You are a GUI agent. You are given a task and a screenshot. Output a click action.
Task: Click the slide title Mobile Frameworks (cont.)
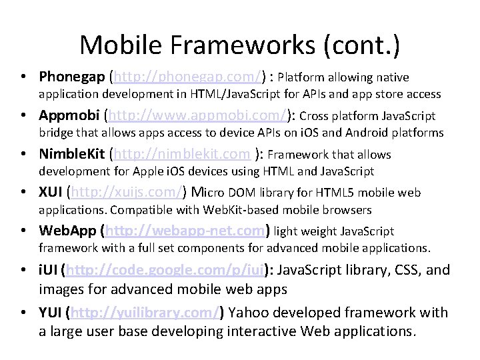click(240, 45)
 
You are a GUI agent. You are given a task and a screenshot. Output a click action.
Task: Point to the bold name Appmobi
click(69, 115)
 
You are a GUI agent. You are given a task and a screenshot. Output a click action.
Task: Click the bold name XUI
click(51, 193)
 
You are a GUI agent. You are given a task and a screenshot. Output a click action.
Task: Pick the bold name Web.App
click(68, 231)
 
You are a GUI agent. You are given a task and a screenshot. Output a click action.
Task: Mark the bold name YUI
click(51, 312)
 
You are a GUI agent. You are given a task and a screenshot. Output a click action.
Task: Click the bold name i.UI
click(49, 271)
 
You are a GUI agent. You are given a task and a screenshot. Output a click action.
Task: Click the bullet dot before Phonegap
click(24, 77)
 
